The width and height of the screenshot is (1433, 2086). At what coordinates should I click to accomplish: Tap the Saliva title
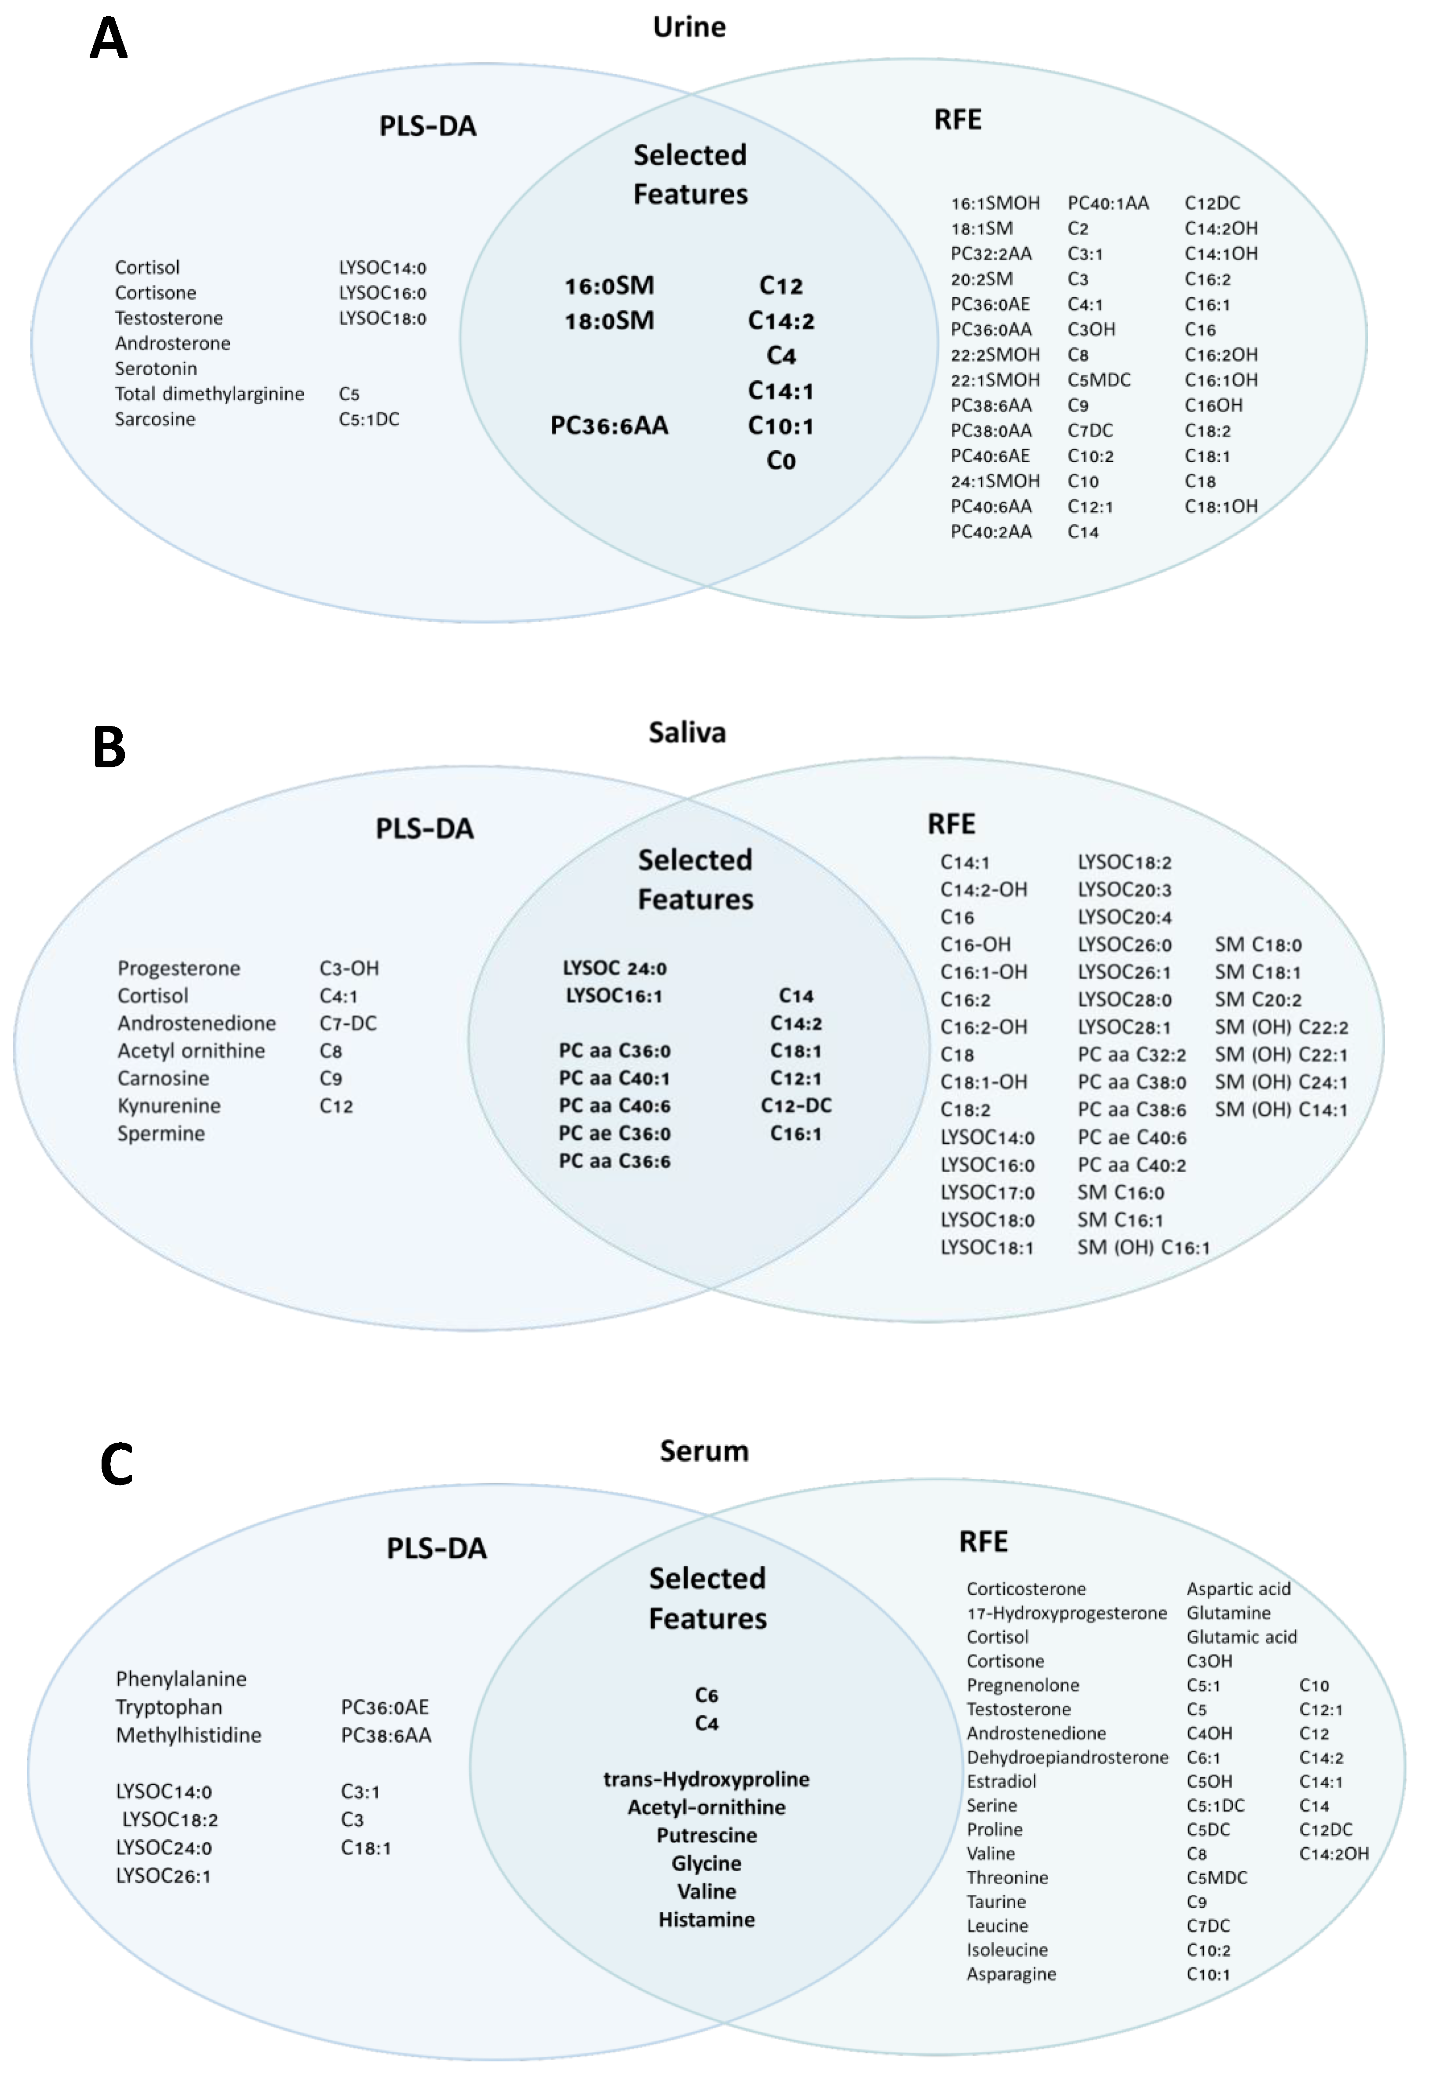[687, 733]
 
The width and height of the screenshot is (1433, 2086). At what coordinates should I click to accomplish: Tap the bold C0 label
[780, 461]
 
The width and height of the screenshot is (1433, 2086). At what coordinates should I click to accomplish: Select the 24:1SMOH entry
[995, 481]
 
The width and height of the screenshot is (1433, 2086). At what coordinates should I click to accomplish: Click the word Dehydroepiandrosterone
[1067, 1758]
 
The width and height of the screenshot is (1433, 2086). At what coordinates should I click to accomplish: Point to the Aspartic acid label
[1238, 1589]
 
